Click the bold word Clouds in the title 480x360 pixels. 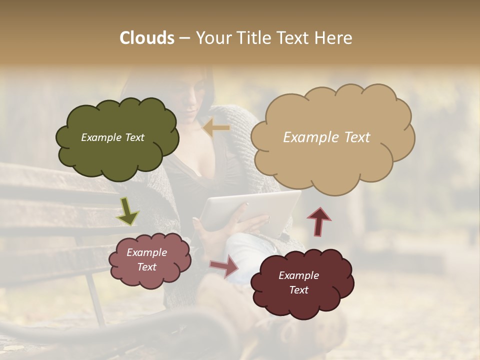coord(147,38)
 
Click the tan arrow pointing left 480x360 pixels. coord(216,128)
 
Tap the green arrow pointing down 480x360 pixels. coord(127,210)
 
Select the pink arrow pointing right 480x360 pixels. coord(224,266)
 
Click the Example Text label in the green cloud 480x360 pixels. coord(112,137)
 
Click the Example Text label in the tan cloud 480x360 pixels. coord(326,137)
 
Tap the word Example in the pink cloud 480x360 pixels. coord(146,252)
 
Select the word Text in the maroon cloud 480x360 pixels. coord(298,290)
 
